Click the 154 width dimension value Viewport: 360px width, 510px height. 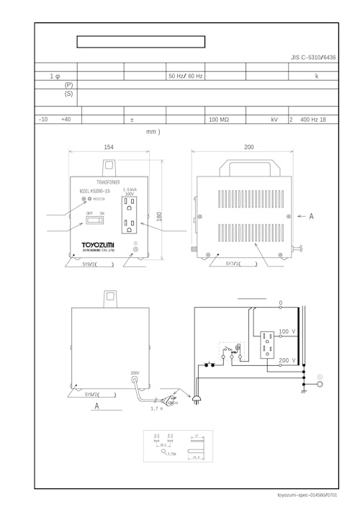[109, 147]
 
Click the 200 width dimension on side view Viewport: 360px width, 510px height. [248, 147]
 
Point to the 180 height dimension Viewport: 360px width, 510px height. [159, 216]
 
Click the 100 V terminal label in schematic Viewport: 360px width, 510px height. [288, 331]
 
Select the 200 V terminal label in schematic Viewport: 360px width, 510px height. [288, 359]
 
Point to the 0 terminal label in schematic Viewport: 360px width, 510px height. [280, 303]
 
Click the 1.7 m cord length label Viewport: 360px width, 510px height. [156, 408]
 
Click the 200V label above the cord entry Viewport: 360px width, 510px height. [135, 373]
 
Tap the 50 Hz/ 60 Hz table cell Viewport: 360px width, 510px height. [186, 75]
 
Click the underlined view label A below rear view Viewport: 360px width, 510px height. [96, 406]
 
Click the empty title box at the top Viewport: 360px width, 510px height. [141, 42]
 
